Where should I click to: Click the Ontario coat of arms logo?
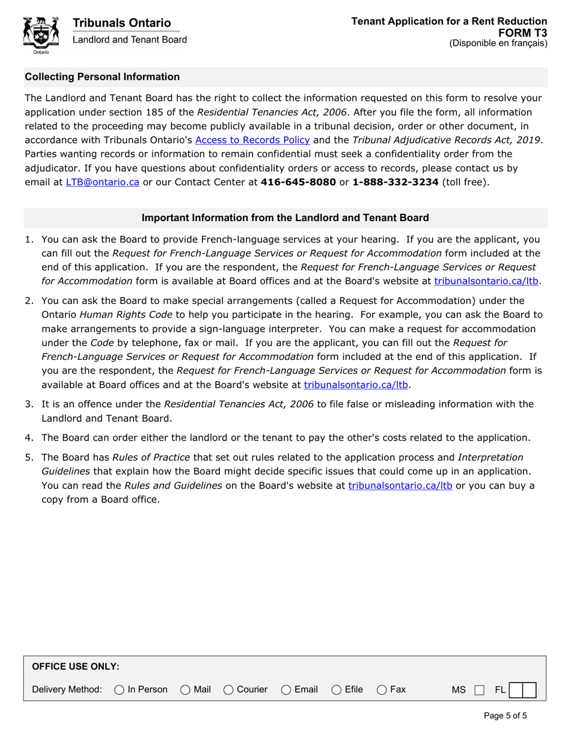click(41, 35)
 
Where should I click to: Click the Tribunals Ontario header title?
click(121, 23)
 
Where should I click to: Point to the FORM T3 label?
click(522, 32)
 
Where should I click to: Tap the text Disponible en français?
click(498, 43)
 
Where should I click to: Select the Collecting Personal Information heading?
click(102, 77)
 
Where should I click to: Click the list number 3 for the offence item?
click(29, 404)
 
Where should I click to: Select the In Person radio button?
click(119, 690)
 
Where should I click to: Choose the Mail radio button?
click(185, 690)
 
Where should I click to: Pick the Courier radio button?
click(228, 690)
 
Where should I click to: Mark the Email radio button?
click(286, 690)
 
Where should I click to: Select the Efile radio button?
click(337, 690)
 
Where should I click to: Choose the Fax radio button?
click(382, 690)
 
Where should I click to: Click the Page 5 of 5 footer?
click(505, 716)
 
